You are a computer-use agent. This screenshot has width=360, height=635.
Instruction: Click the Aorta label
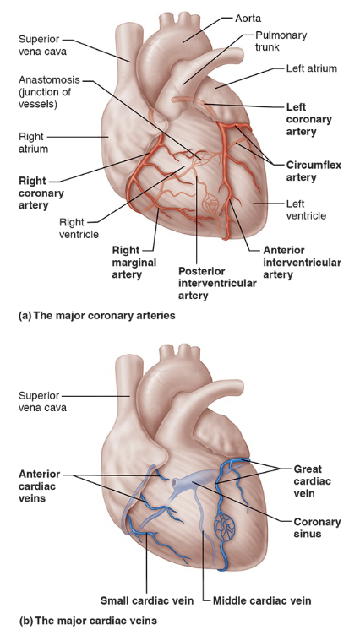pyautogui.click(x=249, y=18)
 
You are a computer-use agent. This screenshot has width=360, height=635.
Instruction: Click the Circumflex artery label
pyautogui.click(x=312, y=171)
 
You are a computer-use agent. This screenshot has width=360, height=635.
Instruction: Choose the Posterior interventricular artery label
pyautogui.click(x=216, y=283)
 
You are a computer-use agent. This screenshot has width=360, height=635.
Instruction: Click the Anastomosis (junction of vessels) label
pyautogui.click(x=50, y=92)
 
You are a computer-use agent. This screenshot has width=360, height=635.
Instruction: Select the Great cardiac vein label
pyautogui.click(x=314, y=480)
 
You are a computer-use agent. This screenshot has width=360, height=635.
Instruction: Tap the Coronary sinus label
pyautogui.click(x=314, y=528)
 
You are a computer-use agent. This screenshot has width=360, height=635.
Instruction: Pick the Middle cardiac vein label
pyautogui.click(x=261, y=600)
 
